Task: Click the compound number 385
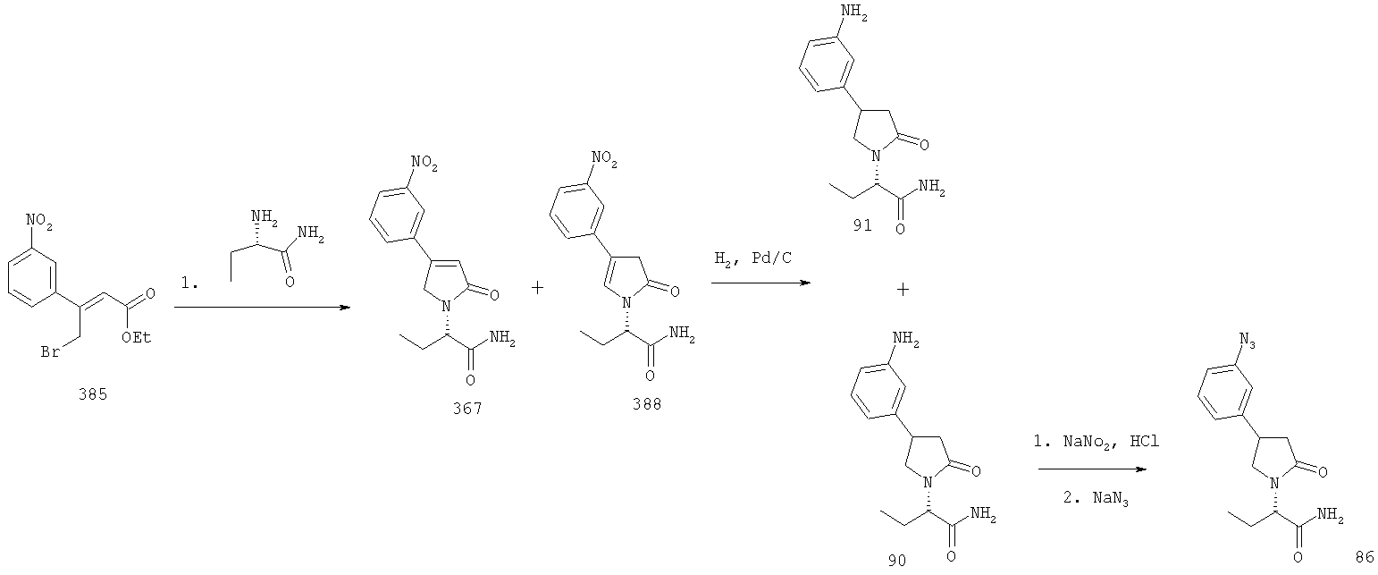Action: click(x=93, y=394)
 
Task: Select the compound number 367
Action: click(x=467, y=409)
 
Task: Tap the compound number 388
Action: click(x=647, y=404)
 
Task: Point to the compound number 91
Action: click(x=862, y=226)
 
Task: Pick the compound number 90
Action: click(x=897, y=561)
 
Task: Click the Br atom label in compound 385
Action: click(x=50, y=352)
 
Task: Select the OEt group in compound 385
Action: click(x=136, y=337)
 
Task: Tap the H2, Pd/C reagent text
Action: click(x=753, y=258)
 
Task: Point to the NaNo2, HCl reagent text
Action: click(x=1097, y=442)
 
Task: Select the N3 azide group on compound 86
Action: click(x=1247, y=341)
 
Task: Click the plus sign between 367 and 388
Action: click(x=537, y=288)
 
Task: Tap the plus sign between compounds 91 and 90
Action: click(x=903, y=290)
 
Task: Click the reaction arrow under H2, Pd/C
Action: click(x=761, y=283)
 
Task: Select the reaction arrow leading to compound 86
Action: click(x=1093, y=469)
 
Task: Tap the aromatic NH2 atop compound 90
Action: click(x=905, y=339)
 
